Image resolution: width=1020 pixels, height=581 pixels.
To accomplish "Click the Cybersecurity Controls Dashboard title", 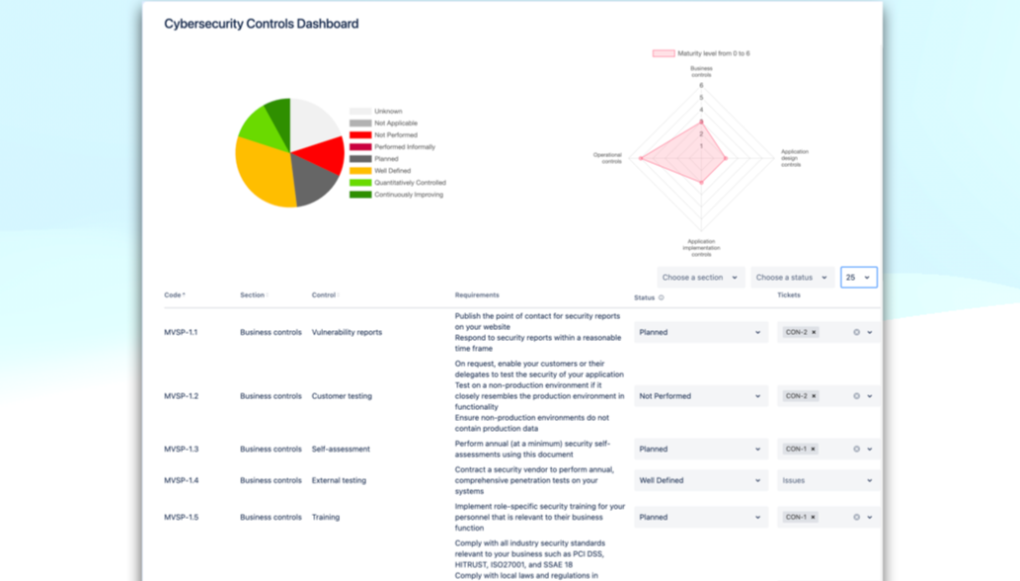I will coord(261,24).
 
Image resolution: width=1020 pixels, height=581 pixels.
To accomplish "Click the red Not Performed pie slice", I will coord(322,155).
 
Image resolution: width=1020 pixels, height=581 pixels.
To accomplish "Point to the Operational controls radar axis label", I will coord(607,157).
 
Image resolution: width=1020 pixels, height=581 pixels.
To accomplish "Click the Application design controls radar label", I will coord(793,158).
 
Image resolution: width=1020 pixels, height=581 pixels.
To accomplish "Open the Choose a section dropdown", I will coord(700,278).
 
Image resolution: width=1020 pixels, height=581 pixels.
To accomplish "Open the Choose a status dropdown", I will coord(792,278).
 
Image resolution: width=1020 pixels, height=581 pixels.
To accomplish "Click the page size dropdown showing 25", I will coord(858,278).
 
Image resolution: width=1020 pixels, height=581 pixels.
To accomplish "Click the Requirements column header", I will coord(477,295).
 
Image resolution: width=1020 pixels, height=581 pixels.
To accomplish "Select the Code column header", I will coord(174,295).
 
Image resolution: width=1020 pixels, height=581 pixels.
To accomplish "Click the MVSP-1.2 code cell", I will coord(181,396).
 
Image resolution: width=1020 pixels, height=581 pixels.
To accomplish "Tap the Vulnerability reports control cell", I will coord(347,333).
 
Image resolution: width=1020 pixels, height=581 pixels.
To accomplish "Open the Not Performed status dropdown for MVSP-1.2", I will coord(700,396).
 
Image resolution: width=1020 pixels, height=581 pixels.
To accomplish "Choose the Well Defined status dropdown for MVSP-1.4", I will coord(700,481).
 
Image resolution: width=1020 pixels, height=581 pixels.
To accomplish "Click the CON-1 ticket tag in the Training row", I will coord(796,518).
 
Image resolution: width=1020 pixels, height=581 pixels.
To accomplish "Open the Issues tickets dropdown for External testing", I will coord(826,481).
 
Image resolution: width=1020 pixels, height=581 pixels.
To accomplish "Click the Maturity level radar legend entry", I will coord(701,53).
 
